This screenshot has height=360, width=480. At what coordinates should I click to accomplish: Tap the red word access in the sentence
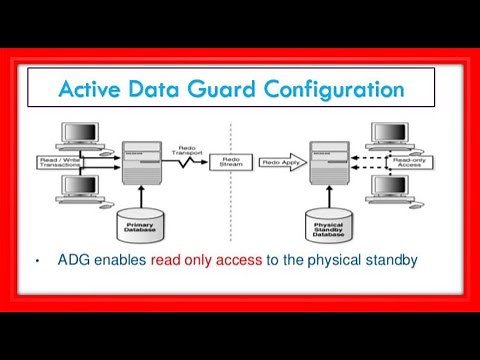pyautogui.click(x=233, y=262)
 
